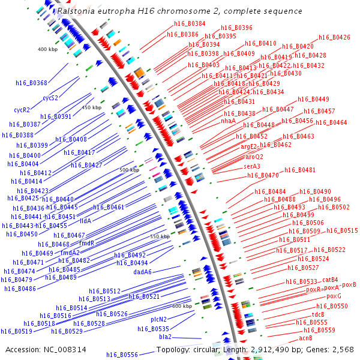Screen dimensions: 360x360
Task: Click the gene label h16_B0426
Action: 334,37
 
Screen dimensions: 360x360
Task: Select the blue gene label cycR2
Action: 22,110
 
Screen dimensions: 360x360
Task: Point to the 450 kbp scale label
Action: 92,107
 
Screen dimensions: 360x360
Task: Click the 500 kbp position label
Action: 129,170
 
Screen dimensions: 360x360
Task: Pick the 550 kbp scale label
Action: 160,237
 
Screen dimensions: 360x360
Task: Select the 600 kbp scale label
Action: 182,306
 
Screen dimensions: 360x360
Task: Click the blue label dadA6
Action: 142,272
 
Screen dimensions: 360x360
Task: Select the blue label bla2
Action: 165,337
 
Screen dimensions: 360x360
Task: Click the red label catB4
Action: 330,280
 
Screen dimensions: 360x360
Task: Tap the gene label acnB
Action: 306,338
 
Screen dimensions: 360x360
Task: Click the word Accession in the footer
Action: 23,349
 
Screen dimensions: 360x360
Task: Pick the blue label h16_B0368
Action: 32,83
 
